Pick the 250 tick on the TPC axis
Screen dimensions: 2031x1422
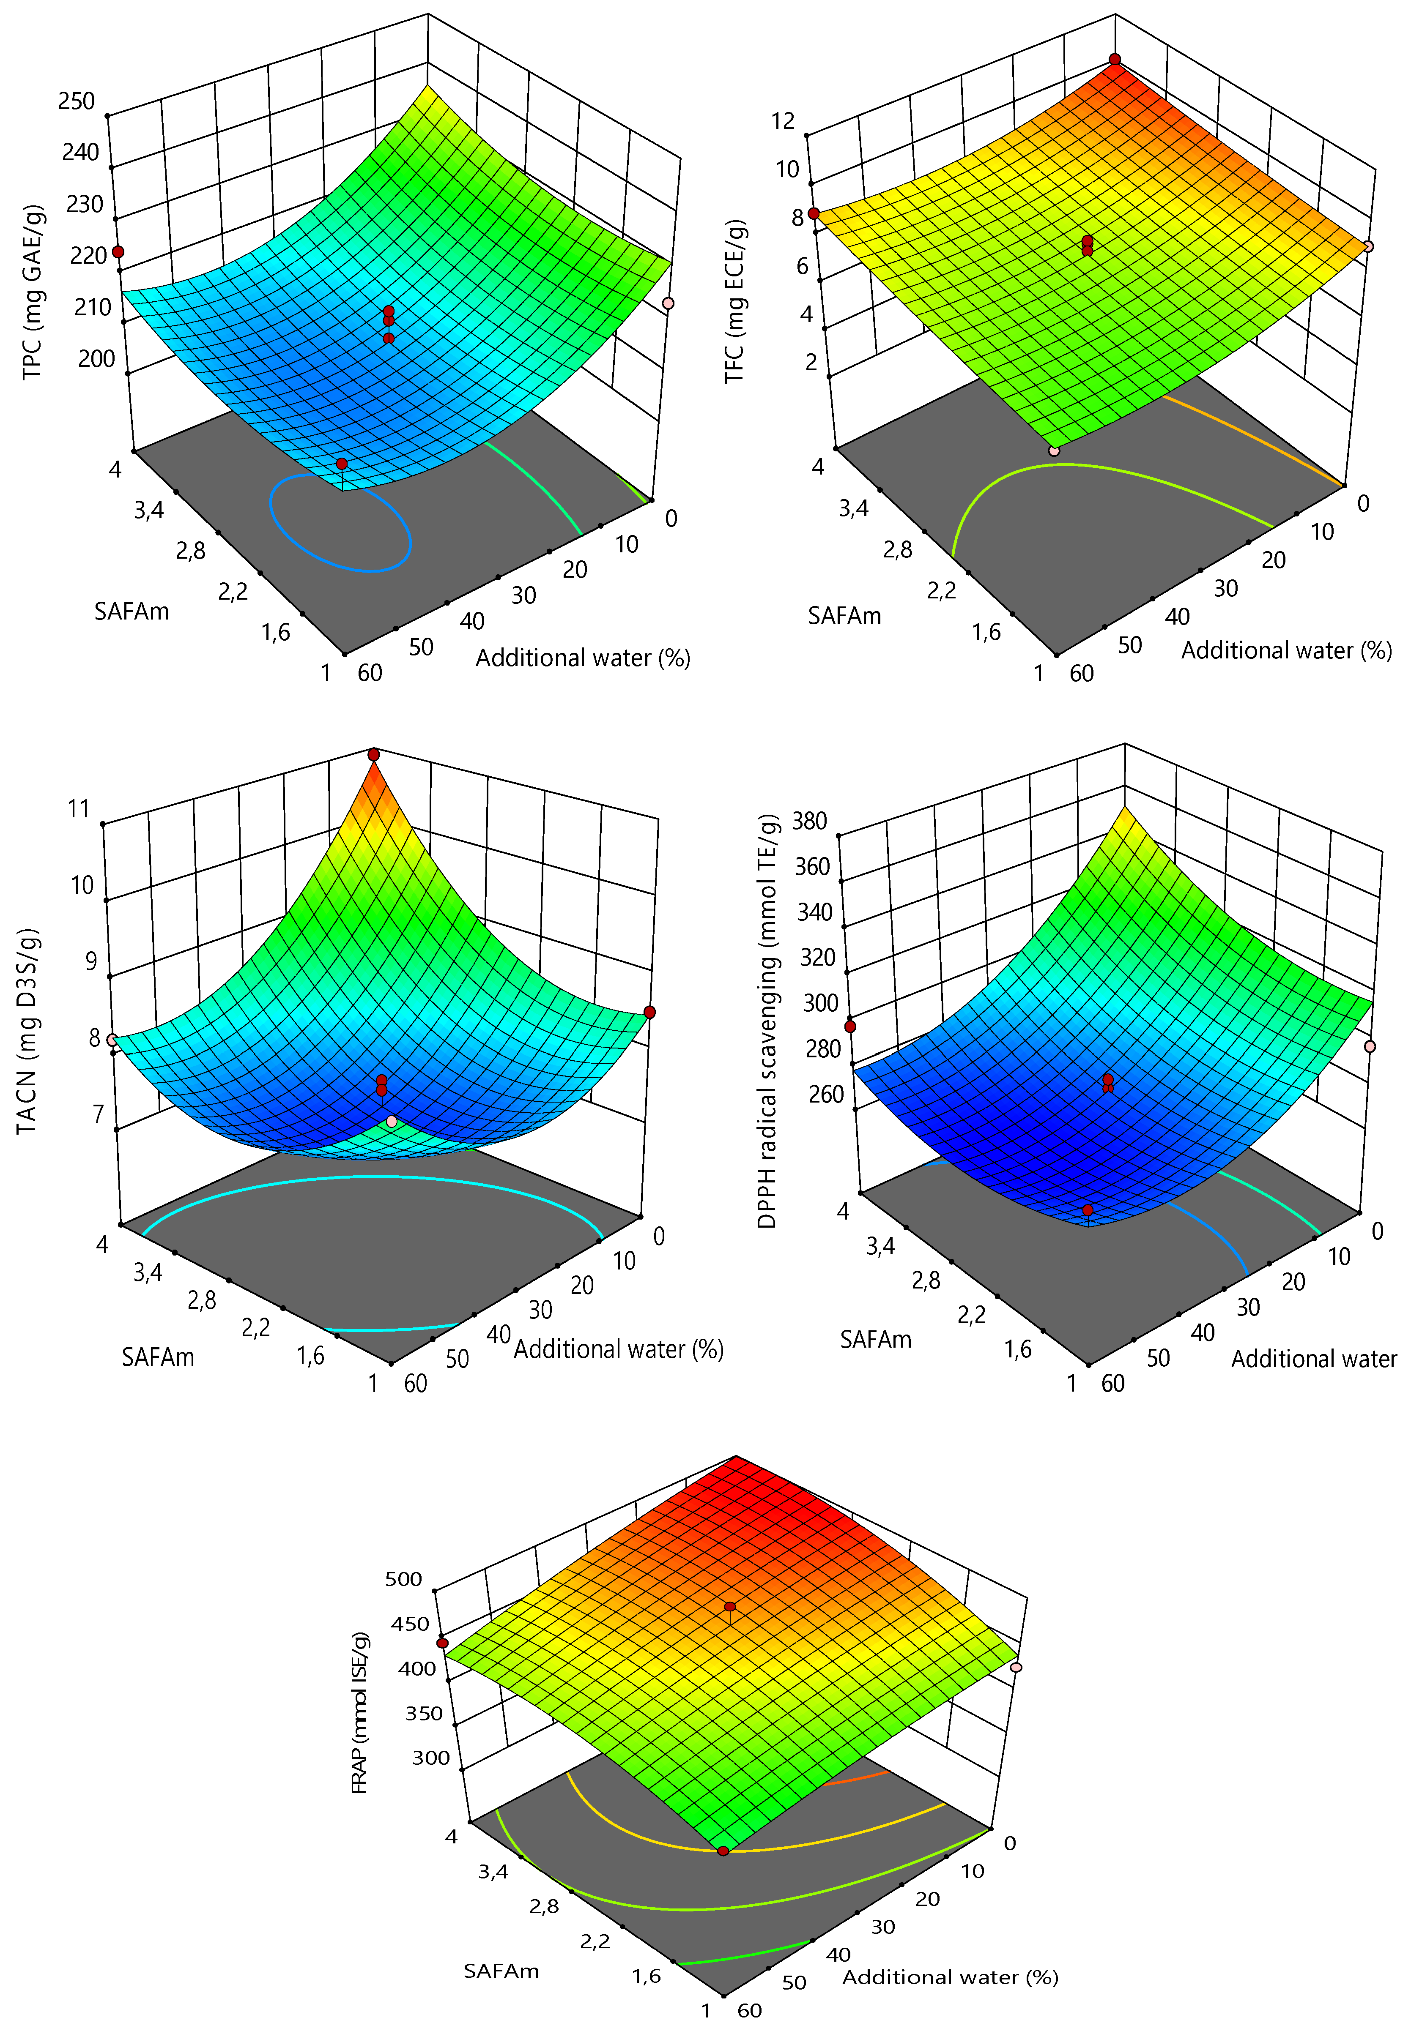pos(77,101)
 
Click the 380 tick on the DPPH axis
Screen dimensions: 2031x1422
pos(810,821)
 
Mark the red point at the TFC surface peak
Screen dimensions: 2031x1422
pos(1115,59)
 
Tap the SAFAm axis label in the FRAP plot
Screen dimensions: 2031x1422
pos(501,1971)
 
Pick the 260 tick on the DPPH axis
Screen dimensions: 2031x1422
pos(826,1094)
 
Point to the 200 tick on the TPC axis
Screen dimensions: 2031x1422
pos(96,358)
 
